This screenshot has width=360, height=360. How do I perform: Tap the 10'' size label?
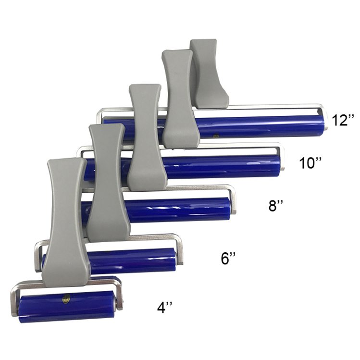(310, 163)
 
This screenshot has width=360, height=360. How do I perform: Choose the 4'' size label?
(168, 307)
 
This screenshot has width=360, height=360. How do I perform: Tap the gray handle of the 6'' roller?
(108, 183)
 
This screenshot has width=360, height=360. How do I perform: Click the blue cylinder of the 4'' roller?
(67, 306)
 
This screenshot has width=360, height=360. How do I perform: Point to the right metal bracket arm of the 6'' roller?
(180, 250)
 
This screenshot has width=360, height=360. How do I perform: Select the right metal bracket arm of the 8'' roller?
(233, 199)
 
